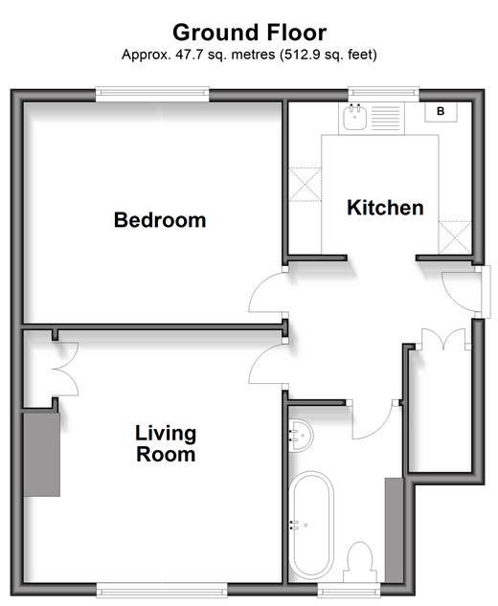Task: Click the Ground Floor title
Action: click(x=249, y=33)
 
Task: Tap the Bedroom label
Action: click(x=160, y=220)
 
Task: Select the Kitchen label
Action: click(x=385, y=208)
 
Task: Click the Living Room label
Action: click(x=166, y=443)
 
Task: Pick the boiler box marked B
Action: click(x=441, y=112)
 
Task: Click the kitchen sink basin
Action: click(x=354, y=117)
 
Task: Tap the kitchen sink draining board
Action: click(x=385, y=118)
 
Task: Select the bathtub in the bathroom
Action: click(x=311, y=525)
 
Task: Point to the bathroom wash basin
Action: click(x=302, y=436)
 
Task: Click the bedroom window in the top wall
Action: click(x=152, y=95)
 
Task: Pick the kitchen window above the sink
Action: click(x=383, y=95)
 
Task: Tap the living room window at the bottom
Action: click(x=161, y=590)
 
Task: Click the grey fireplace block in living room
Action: click(x=42, y=455)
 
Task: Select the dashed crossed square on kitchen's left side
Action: click(x=306, y=185)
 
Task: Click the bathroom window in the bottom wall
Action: click(x=350, y=590)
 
